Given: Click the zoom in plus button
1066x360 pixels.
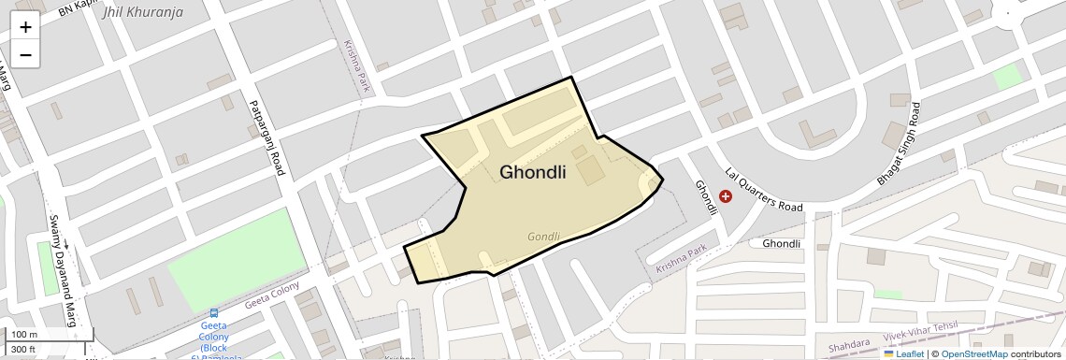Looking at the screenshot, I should coord(25,27).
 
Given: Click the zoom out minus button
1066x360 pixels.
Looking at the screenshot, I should coord(25,55).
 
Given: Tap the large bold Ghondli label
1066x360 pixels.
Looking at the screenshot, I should coord(533,172).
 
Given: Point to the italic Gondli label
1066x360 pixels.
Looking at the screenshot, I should coord(543,237).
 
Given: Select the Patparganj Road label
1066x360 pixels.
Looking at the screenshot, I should coord(265,138).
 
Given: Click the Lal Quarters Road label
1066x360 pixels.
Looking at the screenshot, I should coord(764,190).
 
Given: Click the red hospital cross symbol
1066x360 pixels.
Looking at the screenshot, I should coord(726,196).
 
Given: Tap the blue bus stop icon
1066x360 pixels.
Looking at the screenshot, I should coord(214,313).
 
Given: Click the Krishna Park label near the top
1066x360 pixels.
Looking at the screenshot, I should coord(357,66).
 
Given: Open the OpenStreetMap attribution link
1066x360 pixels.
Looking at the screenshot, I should coord(973,354).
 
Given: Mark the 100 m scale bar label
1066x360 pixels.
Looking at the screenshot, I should coord(24,334).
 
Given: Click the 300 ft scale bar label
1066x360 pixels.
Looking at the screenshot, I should coord(23,350).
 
